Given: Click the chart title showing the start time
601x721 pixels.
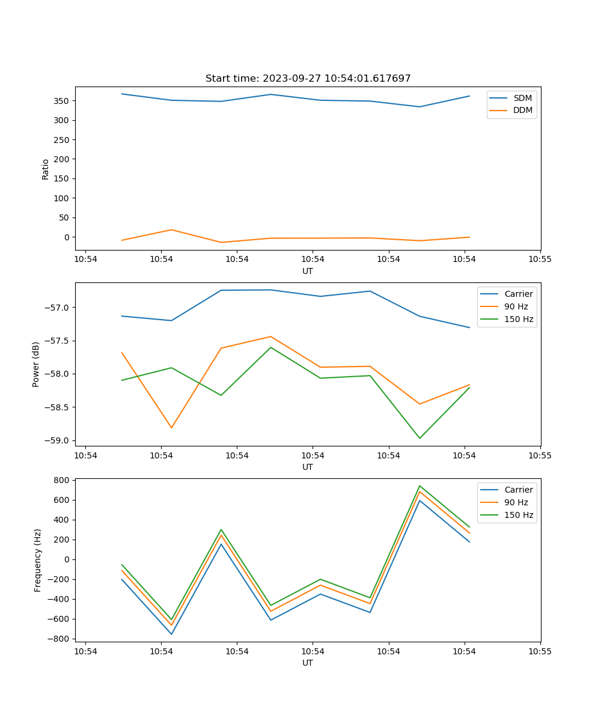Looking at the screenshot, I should (x=308, y=79).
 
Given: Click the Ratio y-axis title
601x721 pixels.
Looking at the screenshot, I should (x=46, y=169).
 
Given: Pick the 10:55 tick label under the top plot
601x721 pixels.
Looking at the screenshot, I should (x=540, y=259).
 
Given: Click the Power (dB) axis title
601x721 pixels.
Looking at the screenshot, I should (x=36, y=364).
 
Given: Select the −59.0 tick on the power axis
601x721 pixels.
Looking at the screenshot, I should (x=58, y=440).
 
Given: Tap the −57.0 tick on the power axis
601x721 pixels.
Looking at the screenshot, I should (x=58, y=308).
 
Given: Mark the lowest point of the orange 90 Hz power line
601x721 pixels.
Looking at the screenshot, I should (x=171, y=428).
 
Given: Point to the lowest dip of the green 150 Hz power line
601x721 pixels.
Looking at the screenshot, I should (x=419, y=438).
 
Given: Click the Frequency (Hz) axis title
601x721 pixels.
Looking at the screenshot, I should (x=38, y=560).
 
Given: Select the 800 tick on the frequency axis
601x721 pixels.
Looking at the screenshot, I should (x=62, y=480).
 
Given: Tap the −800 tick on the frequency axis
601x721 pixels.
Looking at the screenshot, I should (x=59, y=639).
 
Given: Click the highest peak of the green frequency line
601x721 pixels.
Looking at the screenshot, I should (x=419, y=486).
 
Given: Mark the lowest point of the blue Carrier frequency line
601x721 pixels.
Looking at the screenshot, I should (x=171, y=634).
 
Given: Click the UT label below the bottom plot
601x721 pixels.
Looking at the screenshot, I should (x=308, y=663).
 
